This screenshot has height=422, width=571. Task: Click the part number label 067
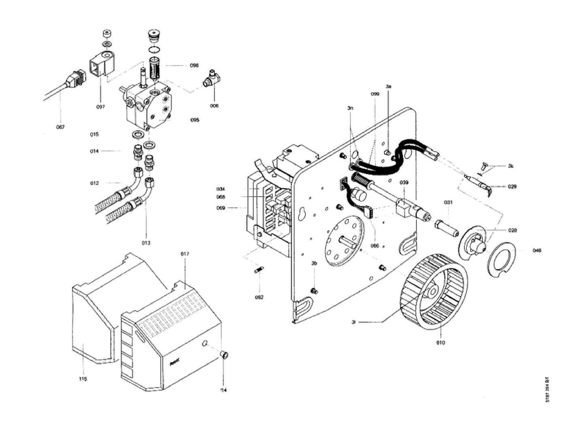click(x=60, y=127)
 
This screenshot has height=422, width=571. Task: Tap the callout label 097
click(x=100, y=107)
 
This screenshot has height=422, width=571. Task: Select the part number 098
click(x=194, y=66)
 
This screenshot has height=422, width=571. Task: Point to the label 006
click(x=214, y=106)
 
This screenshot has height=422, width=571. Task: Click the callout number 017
click(x=185, y=254)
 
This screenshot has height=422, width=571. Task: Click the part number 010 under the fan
click(x=441, y=343)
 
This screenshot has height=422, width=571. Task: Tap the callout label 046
click(x=537, y=250)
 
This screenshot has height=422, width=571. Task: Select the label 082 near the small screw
click(x=259, y=297)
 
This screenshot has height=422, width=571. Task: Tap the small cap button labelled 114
click(x=224, y=355)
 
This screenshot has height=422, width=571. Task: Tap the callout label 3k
click(x=511, y=166)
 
